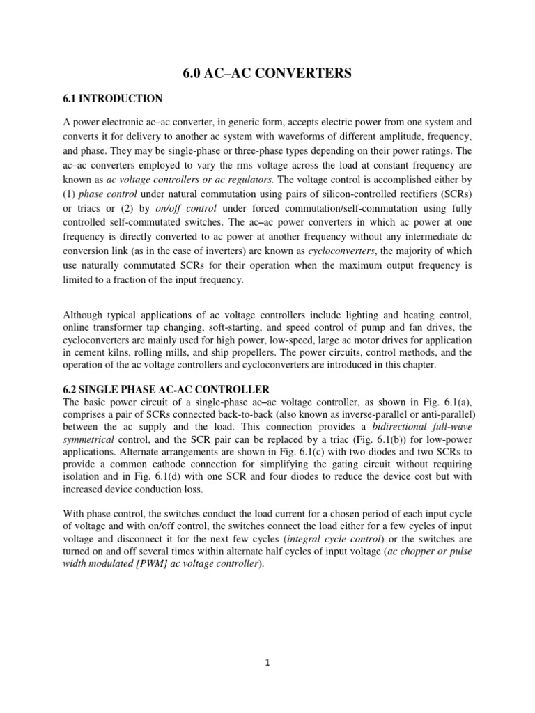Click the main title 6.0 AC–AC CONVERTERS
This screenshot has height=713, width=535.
click(x=267, y=72)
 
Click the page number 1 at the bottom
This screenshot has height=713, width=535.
click(x=267, y=664)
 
